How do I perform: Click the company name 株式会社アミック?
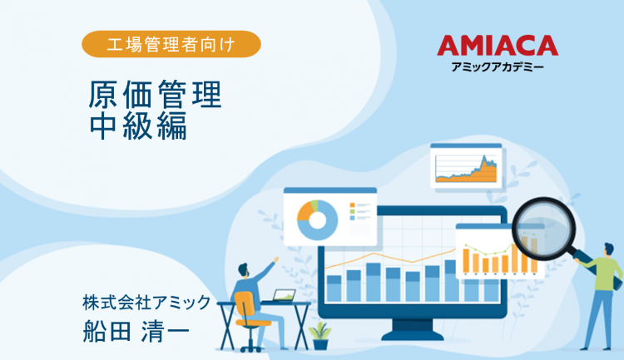(146, 302)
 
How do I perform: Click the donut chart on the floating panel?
(317, 218)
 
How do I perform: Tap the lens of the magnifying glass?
(538, 224)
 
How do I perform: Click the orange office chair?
(250, 312)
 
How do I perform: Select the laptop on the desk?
(284, 296)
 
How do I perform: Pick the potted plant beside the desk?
(319, 334)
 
